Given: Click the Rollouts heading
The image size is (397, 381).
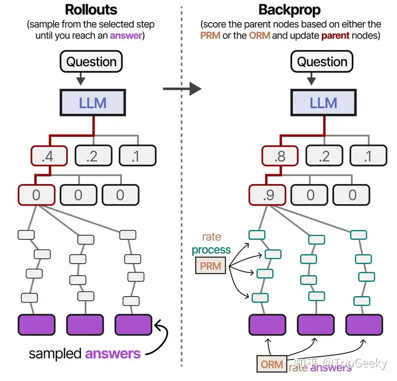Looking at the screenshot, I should pos(92,9).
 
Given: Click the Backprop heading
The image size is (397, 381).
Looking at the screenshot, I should pos(291,9).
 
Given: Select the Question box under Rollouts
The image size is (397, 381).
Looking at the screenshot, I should pos(92,62).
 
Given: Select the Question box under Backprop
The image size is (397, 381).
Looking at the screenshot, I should pos(323,62).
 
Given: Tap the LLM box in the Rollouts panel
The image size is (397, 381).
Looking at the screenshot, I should pos(92,103).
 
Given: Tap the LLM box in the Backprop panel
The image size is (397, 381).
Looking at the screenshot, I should pos(323,103).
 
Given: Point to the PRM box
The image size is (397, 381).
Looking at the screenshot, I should pos(211,266).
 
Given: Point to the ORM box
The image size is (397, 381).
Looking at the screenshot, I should pos(272,364).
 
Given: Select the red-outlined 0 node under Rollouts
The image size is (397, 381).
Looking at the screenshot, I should pos(37,194).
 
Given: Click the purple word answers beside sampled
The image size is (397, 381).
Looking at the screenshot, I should pos(113,353).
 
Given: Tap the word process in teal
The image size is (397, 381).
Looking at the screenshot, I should pos(211,250).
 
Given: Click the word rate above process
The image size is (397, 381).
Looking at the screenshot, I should pos(211,237).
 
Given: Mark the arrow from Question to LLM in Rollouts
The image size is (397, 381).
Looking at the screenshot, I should pos(81,79).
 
